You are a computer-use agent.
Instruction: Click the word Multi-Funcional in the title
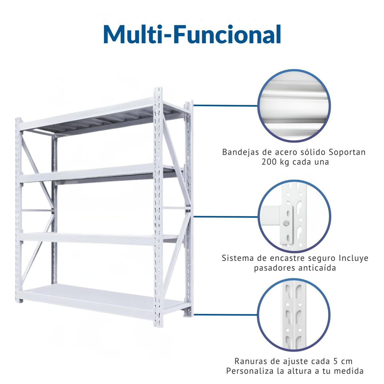[x=192, y=34]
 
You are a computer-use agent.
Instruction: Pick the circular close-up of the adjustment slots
[x=294, y=315]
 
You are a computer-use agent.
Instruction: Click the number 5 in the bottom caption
[x=335, y=361]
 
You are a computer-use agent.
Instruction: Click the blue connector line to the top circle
[x=225, y=105]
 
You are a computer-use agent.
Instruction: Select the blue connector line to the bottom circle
[x=225, y=315]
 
